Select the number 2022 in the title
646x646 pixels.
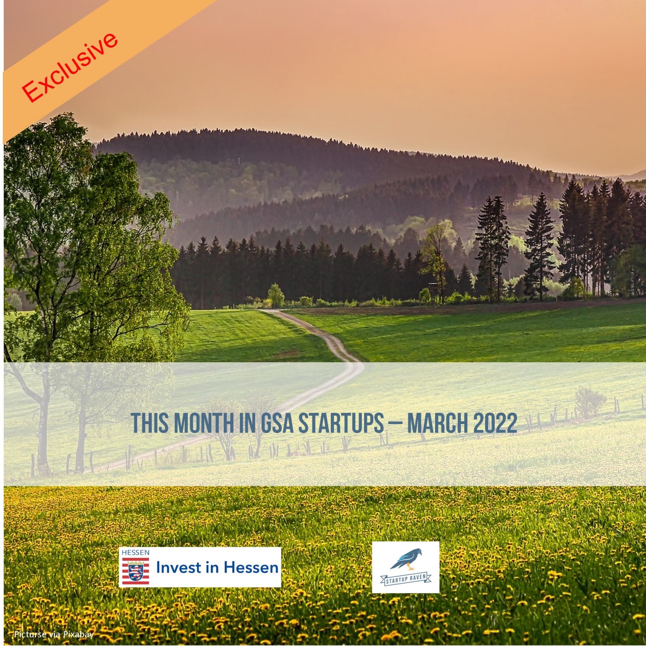coord(495,423)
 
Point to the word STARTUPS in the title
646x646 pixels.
coord(341,423)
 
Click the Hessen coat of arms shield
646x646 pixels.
coord(135,571)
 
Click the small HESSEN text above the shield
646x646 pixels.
coord(135,552)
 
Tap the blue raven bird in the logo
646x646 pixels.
coord(407,559)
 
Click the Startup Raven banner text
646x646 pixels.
coord(406,579)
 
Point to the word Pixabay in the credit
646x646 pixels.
coord(78,634)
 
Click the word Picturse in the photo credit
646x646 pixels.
coord(30,634)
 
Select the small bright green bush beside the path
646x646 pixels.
coord(276,295)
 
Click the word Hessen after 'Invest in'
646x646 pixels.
coord(251,567)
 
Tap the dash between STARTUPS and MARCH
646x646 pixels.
coord(395,423)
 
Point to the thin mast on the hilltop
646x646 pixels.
coord(239,161)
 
